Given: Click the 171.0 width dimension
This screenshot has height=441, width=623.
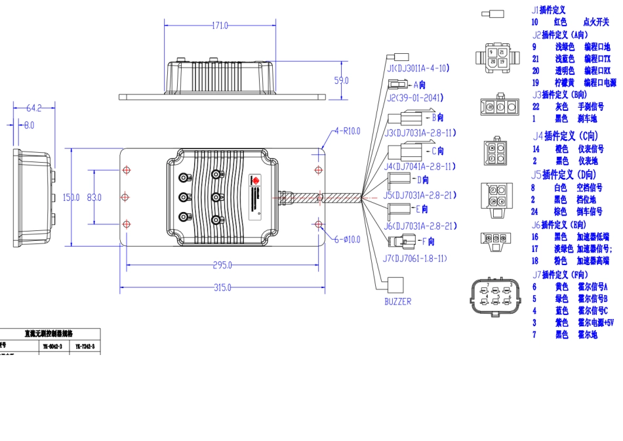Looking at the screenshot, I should tap(220, 26).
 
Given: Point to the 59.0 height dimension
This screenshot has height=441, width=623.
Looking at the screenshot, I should tap(342, 81).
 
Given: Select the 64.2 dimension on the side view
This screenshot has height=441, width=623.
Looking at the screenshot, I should tap(33, 108).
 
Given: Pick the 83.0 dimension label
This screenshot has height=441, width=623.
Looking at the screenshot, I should tap(94, 197).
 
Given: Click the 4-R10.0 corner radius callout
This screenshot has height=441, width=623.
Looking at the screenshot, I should tap(348, 131).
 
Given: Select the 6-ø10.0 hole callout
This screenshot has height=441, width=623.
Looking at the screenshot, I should tap(348, 240).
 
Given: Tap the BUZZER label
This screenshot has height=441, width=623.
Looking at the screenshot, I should tap(398, 302).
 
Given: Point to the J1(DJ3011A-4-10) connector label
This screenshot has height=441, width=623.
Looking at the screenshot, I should tap(418, 68).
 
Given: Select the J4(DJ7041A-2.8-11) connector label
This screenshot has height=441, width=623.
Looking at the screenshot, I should tap(419, 167).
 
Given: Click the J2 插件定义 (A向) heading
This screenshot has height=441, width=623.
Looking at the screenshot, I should tap(561, 35).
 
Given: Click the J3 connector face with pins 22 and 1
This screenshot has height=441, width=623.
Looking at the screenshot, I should tap(496, 106).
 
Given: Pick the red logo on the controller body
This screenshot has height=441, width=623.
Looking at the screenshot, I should tap(256, 179).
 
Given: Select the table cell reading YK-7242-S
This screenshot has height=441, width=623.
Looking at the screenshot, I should tap(85, 346).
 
